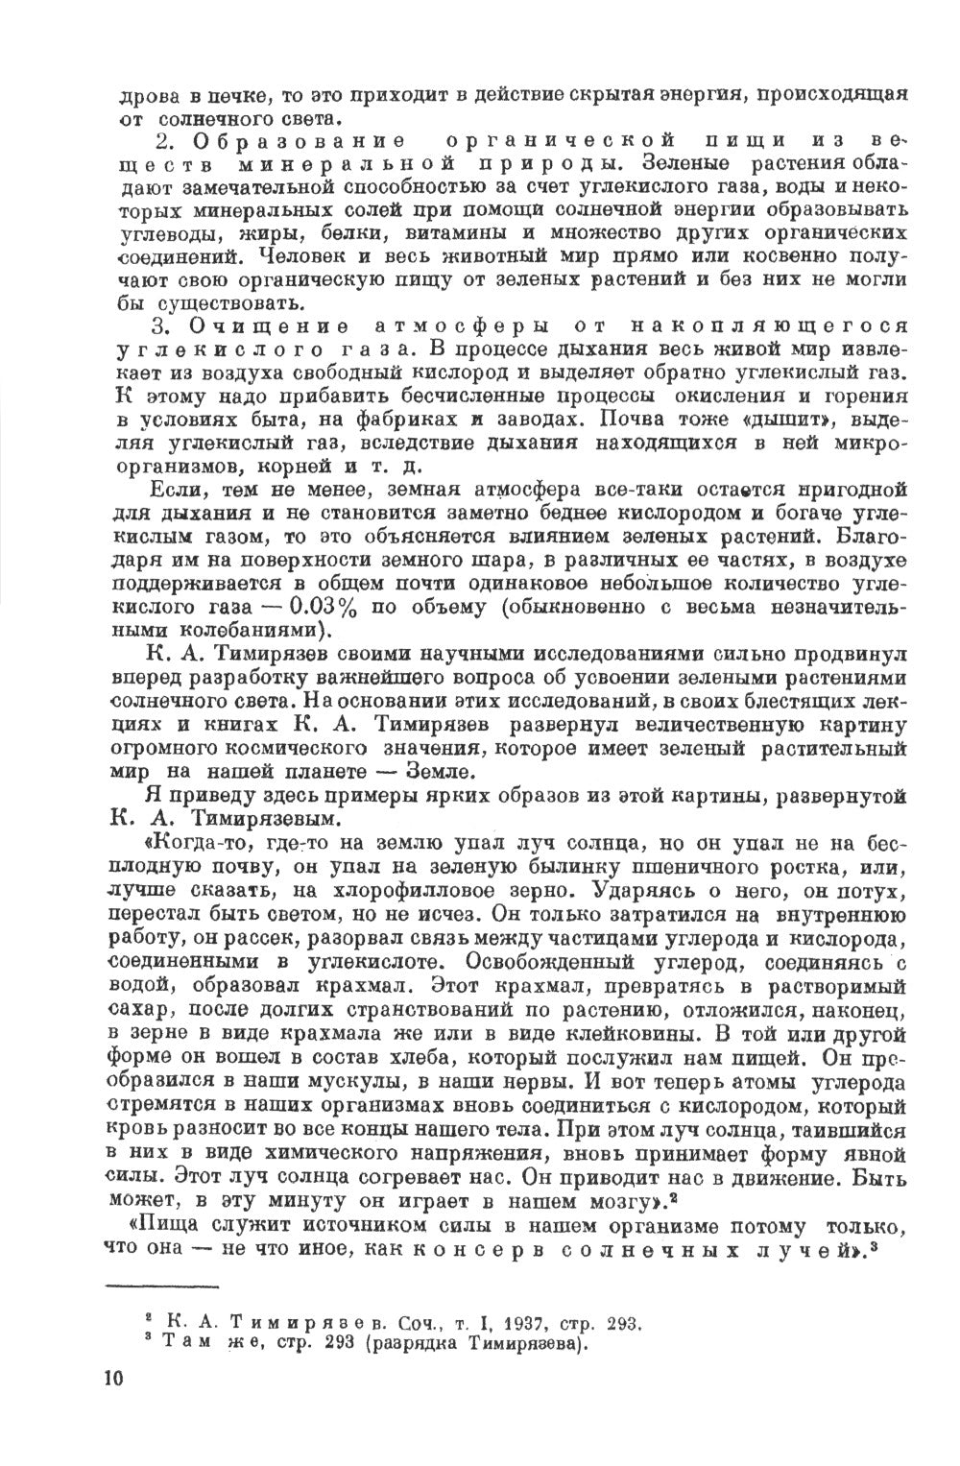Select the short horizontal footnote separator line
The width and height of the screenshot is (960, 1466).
tap(163, 1286)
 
